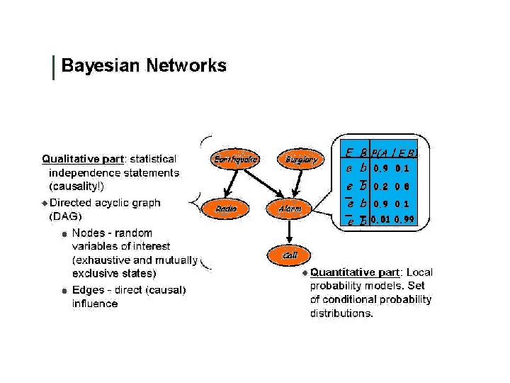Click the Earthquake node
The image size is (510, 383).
(x=235, y=160)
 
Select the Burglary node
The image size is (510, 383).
(x=300, y=160)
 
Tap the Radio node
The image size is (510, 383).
(x=226, y=209)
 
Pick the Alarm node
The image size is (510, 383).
(x=289, y=209)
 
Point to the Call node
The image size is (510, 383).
(x=289, y=254)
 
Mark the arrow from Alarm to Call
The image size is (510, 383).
(x=289, y=231)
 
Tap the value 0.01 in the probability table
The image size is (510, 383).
(x=380, y=220)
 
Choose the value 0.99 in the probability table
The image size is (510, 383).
(x=404, y=220)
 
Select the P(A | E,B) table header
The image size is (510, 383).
(x=394, y=152)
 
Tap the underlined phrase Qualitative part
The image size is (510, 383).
(x=83, y=158)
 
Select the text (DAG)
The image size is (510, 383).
(x=64, y=216)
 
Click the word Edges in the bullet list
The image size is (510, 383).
(x=87, y=289)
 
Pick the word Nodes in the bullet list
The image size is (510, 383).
(x=88, y=233)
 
